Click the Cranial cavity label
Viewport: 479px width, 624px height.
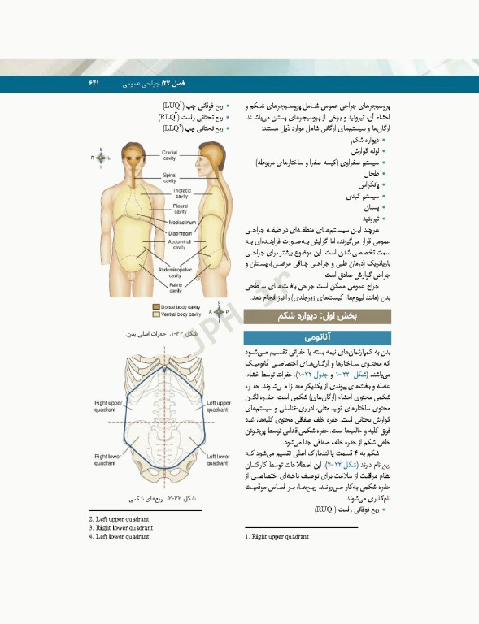pyautogui.click(x=170, y=155)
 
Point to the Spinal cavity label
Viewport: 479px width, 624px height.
pyautogui.click(x=170, y=177)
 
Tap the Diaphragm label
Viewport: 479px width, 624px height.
pyautogui.click(x=180, y=232)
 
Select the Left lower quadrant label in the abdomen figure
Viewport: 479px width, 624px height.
pyautogui.click(x=218, y=460)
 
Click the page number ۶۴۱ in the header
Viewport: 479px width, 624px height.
pyautogui.click(x=93, y=84)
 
